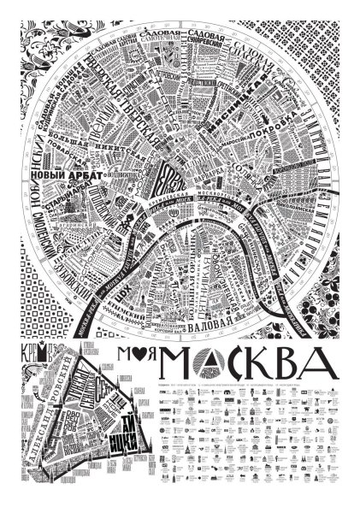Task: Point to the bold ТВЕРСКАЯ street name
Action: click(141, 133)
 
